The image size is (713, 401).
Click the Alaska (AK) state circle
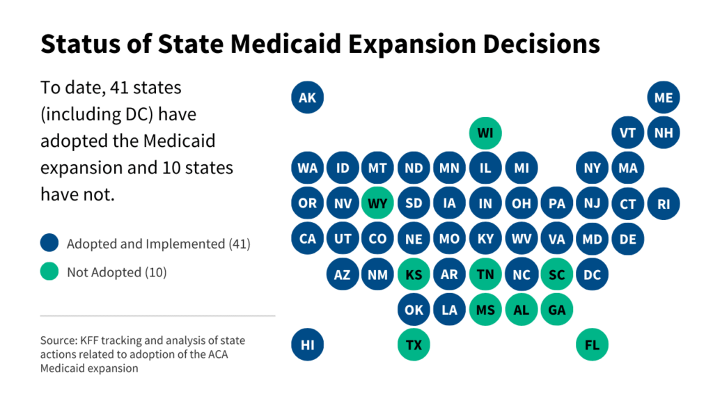(x=307, y=97)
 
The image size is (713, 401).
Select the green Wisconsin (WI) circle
(x=485, y=132)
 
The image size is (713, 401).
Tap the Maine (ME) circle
(x=664, y=97)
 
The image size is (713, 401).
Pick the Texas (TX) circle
(x=414, y=345)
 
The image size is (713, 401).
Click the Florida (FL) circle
(x=593, y=345)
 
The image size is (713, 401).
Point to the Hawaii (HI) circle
(x=307, y=345)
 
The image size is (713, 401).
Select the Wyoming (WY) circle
(x=378, y=203)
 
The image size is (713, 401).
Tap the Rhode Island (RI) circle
(x=664, y=203)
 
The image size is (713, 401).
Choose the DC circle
(x=593, y=274)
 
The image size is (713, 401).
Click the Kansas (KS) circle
(x=414, y=274)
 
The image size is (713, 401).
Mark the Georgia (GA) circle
(x=557, y=310)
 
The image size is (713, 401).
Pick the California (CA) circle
(x=307, y=239)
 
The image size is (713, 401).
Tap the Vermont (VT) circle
(x=628, y=132)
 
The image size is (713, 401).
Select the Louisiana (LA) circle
(x=450, y=310)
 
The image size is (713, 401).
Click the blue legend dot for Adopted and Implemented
(x=49, y=244)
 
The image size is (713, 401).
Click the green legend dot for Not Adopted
(x=49, y=272)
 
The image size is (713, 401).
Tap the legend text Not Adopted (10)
(x=117, y=272)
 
